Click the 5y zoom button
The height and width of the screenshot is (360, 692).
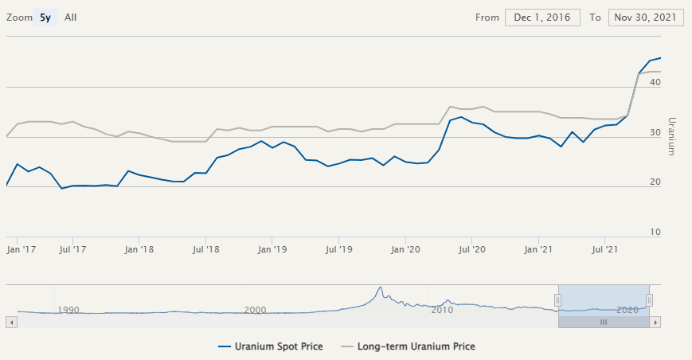click(45, 18)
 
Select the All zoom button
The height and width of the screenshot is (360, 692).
click(71, 18)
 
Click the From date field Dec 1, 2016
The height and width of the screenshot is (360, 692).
click(542, 18)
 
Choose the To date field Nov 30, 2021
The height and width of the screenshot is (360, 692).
click(645, 18)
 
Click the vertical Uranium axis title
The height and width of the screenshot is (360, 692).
click(671, 136)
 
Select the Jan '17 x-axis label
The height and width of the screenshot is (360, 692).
click(22, 249)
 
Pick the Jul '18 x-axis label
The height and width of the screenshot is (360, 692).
click(206, 249)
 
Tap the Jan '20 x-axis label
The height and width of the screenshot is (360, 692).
click(406, 249)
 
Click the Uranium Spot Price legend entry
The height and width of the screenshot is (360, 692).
click(270, 346)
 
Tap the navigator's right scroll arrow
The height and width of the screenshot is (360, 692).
click(655, 322)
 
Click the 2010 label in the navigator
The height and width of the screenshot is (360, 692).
click(442, 310)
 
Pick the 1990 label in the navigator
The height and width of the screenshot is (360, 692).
click(68, 310)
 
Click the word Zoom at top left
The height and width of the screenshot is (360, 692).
click(19, 18)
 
